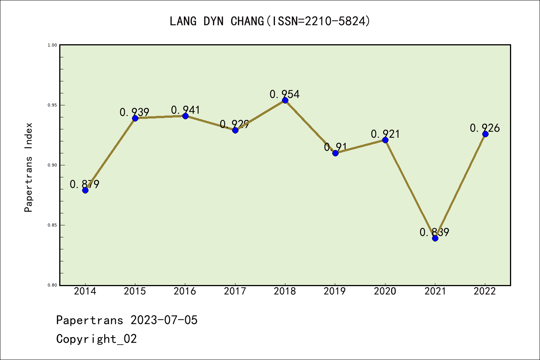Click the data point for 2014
[x=85, y=190]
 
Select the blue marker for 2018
[x=285, y=100]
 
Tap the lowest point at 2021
[x=435, y=238]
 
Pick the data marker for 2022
[x=485, y=134]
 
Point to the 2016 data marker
[x=185, y=116]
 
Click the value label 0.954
[x=285, y=94]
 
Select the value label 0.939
[x=134, y=112]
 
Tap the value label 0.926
[x=485, y=128]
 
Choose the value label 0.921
[x=385, y=134]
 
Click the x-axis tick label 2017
[x=235, y=291]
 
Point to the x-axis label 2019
[x=335, y=291]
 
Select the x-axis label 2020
[x=385, y=291]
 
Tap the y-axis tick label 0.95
[x=52, y=105]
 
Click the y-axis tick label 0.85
[x=52, y=225]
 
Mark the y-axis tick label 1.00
[x=52, y=45]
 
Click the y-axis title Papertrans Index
[x=28, y=167]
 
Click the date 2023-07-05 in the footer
[x=164, y=320]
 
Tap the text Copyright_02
[x=96, y=339]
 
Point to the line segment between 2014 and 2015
[x=110, y=154]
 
